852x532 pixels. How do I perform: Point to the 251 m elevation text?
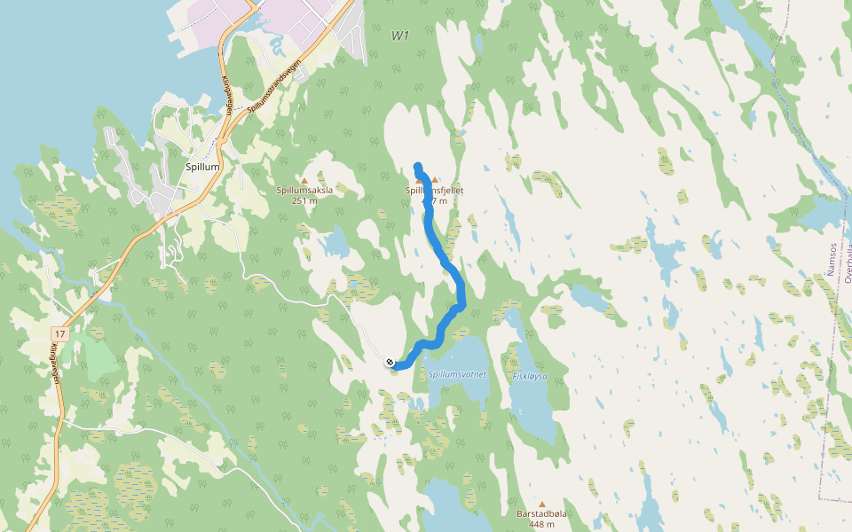coord(304,200)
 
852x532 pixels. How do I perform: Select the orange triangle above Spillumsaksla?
coord(304,180)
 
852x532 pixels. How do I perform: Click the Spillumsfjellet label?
coord(435,191)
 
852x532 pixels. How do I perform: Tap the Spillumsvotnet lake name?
coord(457,375)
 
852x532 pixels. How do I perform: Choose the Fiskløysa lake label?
coord(530,376)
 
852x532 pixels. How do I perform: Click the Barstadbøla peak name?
coord(541,513)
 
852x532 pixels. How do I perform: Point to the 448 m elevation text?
coord(541,523)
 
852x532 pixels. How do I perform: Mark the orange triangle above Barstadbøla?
coord(541,504)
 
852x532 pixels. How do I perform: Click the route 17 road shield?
coord(60,333)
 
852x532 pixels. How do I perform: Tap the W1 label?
coord(400,35)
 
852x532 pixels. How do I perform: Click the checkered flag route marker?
coord(390,362)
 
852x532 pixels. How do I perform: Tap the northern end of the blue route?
coord(417,166)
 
